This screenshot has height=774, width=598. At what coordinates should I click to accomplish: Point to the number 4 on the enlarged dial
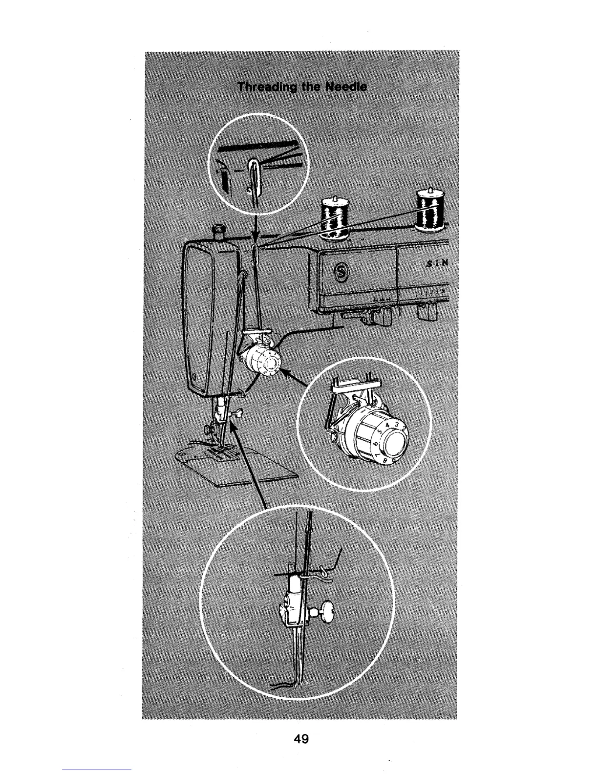[387, 425]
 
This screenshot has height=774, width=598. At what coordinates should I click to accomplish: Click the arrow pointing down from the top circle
[255, 230]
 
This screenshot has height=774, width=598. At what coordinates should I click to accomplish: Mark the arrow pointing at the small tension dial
[293, 379]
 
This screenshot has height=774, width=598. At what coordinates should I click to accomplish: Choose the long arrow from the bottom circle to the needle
[249, 464]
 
